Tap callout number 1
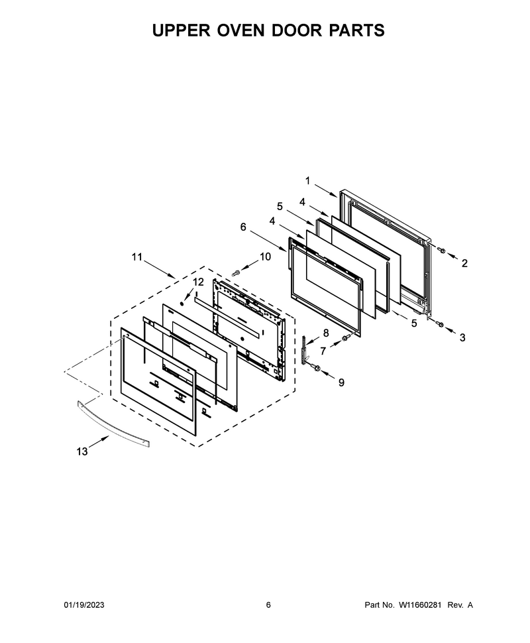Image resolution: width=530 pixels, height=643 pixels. (307, 180)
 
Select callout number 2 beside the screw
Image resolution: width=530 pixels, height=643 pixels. (464, 263)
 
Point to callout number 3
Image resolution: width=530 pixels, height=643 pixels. (462, 337)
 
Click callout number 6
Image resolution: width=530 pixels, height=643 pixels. (243, 226)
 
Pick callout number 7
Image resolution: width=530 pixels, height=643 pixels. (323, 351)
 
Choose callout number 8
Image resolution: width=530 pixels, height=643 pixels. (326, 333)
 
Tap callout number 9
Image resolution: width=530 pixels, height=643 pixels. (341, 382)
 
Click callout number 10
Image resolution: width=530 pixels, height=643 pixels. (265, 257)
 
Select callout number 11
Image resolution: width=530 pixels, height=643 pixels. (137, 257)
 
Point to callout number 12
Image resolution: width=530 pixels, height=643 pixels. (198, 282)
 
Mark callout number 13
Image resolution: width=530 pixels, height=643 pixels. (82, 451)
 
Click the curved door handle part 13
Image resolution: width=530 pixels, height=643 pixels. (113, 424)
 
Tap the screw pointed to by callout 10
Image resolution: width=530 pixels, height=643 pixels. (235, 272)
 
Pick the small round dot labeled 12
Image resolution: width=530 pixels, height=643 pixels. (182, 304)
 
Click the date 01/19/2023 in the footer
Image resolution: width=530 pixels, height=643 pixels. (84, 605)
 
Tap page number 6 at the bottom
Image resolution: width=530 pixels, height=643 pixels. (268, 605)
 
